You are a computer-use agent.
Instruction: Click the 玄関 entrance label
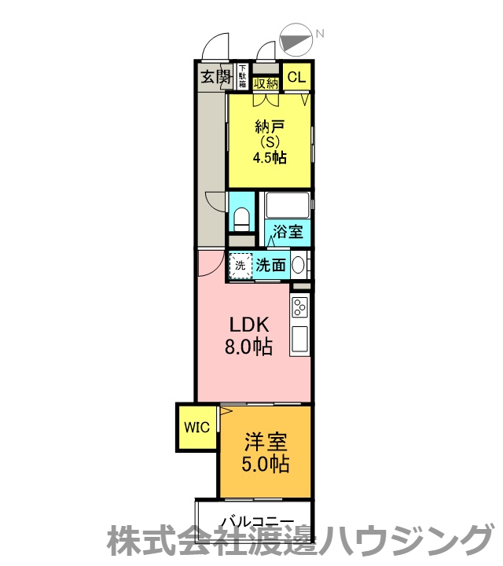tap(216, 76)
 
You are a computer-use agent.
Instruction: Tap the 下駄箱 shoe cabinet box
tap(243, 76)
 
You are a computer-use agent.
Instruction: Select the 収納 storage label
tap(266, 83)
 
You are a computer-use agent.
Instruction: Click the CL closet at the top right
tap(296, 76)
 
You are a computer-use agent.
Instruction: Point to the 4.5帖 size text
tap(270, 158)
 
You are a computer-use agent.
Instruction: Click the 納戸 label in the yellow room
tap(270, 127)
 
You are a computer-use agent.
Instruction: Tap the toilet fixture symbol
tap(242, 219)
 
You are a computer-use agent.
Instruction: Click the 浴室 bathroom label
tap(288, 231)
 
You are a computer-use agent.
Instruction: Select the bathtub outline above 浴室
tap(287, 204)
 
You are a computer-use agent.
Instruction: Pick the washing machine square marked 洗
tap(240, 266)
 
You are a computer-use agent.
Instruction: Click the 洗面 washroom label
tap(271, 266)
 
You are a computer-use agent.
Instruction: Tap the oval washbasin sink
tap(299, 266)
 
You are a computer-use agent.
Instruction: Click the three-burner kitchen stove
tap(299, 307)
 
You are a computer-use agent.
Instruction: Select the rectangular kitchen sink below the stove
tap(300, 339)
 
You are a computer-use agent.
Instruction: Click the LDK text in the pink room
tap(249, 325)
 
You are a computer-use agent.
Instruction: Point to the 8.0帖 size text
tap(248, 347)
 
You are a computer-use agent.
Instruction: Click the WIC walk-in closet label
tap(196, 428)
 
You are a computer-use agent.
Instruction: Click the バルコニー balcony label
tap(258, 522)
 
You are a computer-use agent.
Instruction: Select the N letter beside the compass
tap(320, 34)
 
